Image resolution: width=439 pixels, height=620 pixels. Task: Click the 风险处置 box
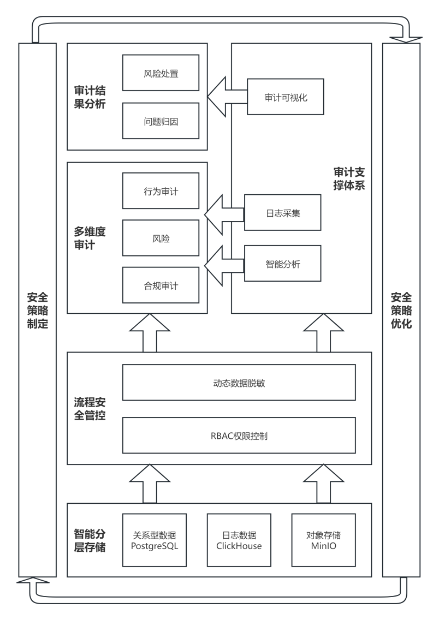pyautogui.click(x=161, y=73)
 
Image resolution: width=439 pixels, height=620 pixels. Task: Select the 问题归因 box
pyautogui.click(x=161, y=121)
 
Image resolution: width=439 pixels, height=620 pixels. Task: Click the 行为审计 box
pyautogui.click(x=161, y=191)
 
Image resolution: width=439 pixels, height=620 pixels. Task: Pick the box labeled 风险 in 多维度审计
pyautogui.click(x=161, y=238)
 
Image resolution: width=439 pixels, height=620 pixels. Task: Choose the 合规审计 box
pyautogui.click(x=161, y=285)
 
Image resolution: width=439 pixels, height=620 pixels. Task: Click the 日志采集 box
pyautogui.click(x=282, y=213)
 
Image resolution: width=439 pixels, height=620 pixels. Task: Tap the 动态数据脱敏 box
pyautogui.click(x=239, y=383)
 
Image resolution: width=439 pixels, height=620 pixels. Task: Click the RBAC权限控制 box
pyautogui.click(x=239, y=436)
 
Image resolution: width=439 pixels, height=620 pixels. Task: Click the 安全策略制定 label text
pyautogui.click(x=37, y=310)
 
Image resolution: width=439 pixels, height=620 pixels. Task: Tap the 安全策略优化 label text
pyautogui.click(x=401, y=310)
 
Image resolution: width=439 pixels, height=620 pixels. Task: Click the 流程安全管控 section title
pyautogui.click(x=90, y=408)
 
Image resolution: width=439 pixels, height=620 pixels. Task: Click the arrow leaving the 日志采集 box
pyautogui.click(x=224, y=213)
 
